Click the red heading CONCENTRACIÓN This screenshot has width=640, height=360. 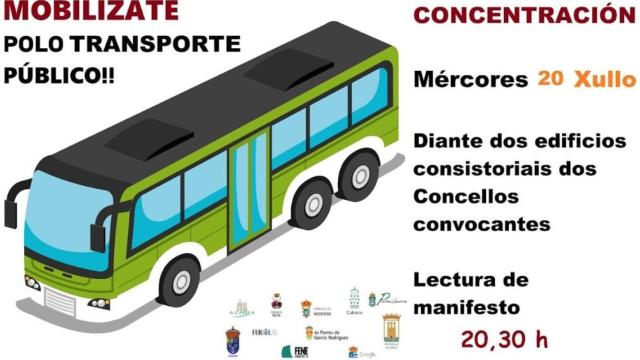(525, 16)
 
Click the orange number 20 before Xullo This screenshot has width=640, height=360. (548, 77)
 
